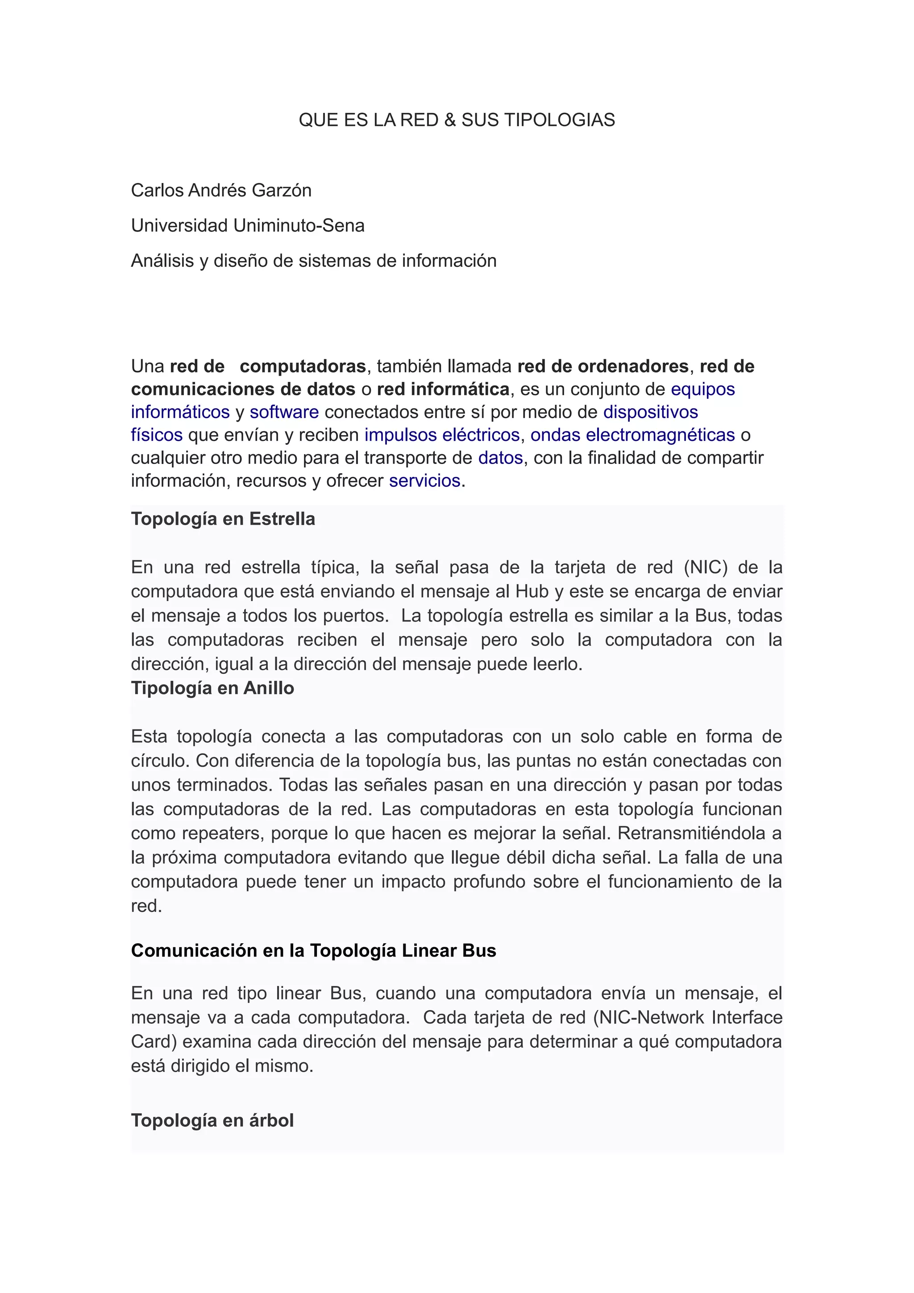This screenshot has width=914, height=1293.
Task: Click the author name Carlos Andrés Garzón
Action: point(221,191)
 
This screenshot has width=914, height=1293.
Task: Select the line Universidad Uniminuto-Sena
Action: point(248,225)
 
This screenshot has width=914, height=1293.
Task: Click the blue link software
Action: point(284,412)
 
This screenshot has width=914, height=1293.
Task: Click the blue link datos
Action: point(501,458)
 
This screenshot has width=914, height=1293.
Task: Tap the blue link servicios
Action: point(424,481)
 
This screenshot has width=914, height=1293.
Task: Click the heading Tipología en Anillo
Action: point(212,688)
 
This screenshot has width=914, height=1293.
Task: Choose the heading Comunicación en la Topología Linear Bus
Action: point(314,951)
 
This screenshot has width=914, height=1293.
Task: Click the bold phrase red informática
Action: point(443,389)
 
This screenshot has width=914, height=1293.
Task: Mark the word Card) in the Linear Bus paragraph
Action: point(154,1042)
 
